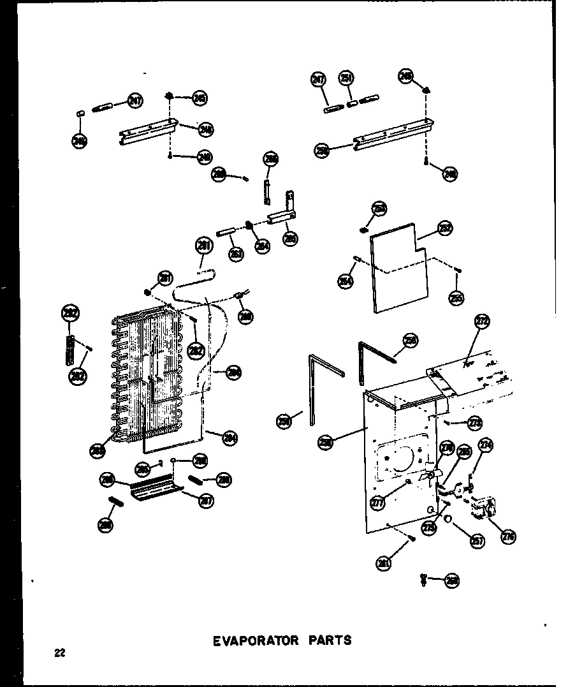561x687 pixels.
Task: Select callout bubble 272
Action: pyautogui.click(x=481, y=322)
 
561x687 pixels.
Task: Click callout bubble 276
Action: pyautogui.click(x=508, y=536)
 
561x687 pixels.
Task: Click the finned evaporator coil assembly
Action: pyautogui.click(x=150, y=376)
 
